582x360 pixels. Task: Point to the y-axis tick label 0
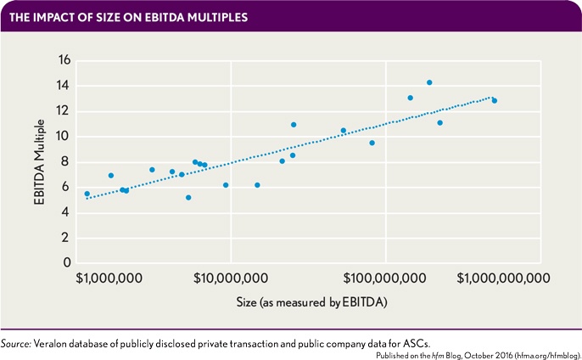65,263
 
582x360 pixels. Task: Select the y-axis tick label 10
62,137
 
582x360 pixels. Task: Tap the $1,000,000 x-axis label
108,278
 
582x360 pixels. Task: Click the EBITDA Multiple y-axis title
38,162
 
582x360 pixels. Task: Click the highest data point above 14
429,82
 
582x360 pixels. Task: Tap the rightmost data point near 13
495,100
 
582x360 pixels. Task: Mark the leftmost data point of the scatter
87,194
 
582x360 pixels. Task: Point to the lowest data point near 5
188,197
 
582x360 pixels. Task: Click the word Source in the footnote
15,343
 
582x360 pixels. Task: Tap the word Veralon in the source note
52,343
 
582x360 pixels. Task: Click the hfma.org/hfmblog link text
548,353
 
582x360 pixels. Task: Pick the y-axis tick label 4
65,212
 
